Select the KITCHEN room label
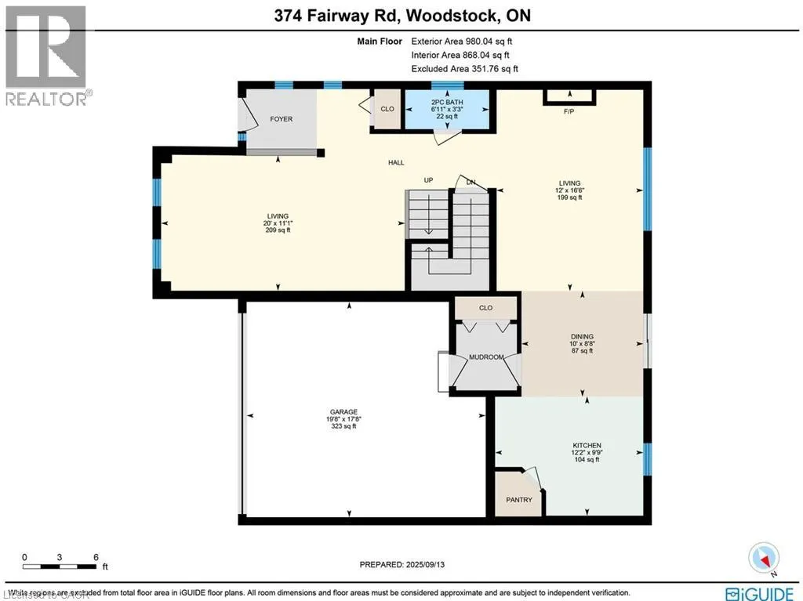click(586, 445)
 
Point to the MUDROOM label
click(486, 357)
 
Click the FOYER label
click(281, 119)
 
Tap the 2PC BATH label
click(446, 102)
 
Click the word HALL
click(396, 163)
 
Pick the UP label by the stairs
click(428, 180)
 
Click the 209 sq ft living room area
click(278, 230)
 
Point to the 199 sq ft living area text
click(569, 197)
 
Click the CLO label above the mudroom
click(485, 308)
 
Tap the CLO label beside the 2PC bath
click(387, 109)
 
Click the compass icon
click(764, 557)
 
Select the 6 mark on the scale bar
click(96, 558)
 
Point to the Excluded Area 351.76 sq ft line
click(464, 69)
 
